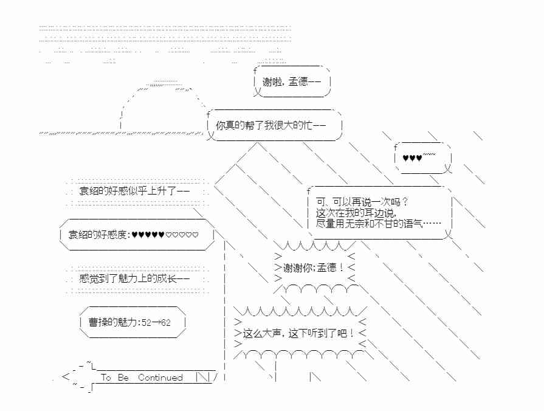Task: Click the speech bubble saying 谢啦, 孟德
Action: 292,82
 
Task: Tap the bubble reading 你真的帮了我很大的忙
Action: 272,125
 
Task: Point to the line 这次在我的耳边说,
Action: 356,213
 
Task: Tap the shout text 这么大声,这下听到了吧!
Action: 298,333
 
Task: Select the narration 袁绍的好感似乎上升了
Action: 134,191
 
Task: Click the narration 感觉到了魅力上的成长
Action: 134,279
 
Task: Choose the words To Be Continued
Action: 142,378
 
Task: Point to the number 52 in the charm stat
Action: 146,323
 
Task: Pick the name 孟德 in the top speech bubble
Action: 300,82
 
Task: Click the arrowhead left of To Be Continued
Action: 66,378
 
